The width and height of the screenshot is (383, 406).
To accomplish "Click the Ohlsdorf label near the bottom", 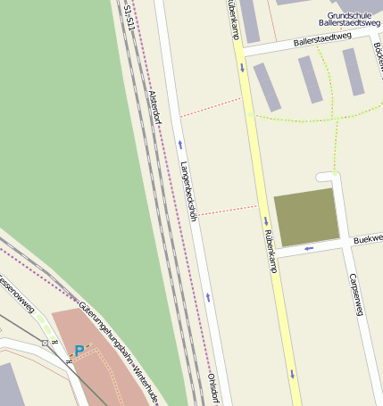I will coord(213,389).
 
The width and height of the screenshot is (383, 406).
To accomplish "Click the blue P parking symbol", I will coord(79,352).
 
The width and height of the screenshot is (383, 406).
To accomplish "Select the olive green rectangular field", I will coord(306,217).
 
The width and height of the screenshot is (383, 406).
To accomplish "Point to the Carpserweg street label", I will coord(357,294).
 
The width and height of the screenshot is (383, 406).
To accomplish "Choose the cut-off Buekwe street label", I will coord(366,240).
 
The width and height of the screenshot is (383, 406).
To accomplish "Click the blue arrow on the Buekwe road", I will coord(309,248).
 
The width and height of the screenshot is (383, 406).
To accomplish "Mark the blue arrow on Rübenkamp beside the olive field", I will coord(265,221).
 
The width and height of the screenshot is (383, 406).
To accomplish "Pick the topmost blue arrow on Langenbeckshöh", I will coord(180,144).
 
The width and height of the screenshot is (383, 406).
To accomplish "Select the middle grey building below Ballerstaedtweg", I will coord(310,79).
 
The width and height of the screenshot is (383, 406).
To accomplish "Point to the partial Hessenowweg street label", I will coord(18,294).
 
